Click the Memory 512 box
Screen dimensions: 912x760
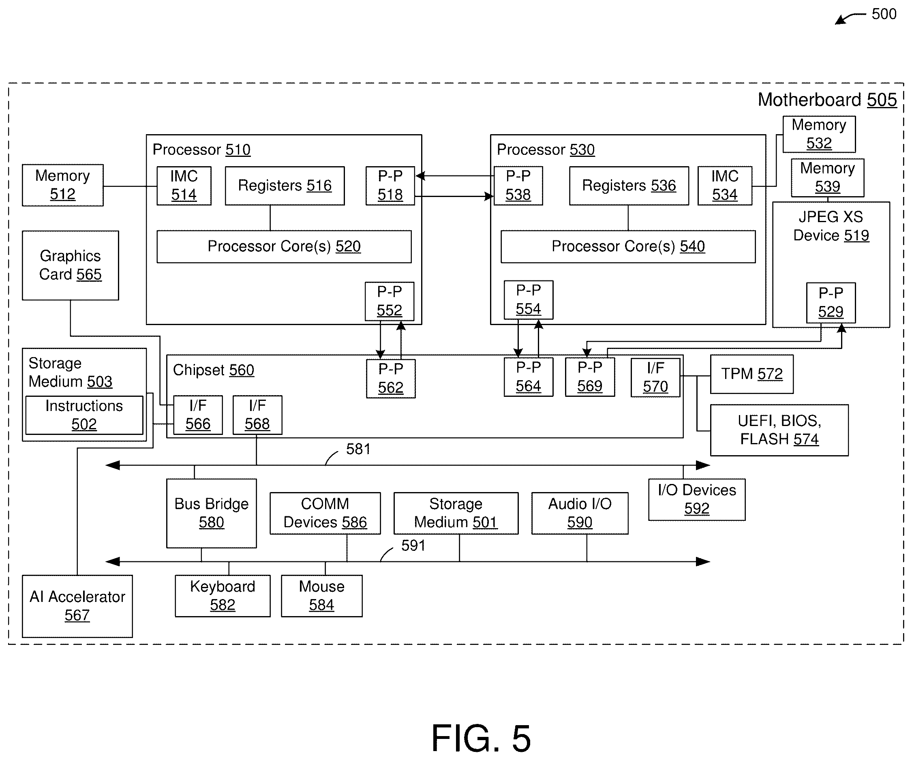click(x=63, y=185)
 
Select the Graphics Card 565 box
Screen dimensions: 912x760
click(x=71, y=265)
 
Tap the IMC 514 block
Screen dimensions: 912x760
click(x=184, y=186)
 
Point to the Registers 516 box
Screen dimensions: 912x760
click(x=285, y=186)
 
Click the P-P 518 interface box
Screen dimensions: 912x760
click(x=390, y=186)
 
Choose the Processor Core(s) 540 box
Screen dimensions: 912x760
click(x=628, y=246)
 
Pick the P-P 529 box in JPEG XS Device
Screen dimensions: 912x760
click(x=831, y=303)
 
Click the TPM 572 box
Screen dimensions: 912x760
click(x=752, y=374)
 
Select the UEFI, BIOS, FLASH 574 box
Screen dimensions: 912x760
click(x=779, y=430)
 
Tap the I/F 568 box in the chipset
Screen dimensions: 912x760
click(x=257, y=415)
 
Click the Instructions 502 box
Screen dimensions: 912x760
click(x=84, y=415)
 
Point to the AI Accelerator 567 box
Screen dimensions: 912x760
click(x=77, y=606)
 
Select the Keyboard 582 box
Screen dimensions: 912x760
click(x=223, y=596)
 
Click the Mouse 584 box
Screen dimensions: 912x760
click(x=322, y=596)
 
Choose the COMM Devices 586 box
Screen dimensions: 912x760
click(x=325, y=513)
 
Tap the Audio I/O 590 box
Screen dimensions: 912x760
click(x=580, y=513)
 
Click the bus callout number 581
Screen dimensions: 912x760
click(x=358, y=449)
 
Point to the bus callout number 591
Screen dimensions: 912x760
click(x=413, y=546)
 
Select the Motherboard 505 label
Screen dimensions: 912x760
click(x=827, y=100)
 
